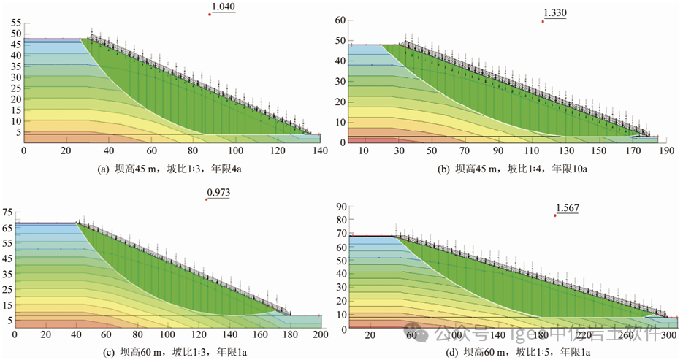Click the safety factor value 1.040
coord(224,8)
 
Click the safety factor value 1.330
coord(555,13)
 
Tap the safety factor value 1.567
coord(567,208)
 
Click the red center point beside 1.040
coord(210,15)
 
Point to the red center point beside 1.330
coord(543,21)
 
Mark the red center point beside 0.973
coord(207,199)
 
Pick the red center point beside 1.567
coord(555,215)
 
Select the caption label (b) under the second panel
coord(443,169)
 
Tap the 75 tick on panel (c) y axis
coord(9,212)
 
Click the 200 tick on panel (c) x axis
coord(319,334)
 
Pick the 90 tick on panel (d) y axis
coord(339,207)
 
